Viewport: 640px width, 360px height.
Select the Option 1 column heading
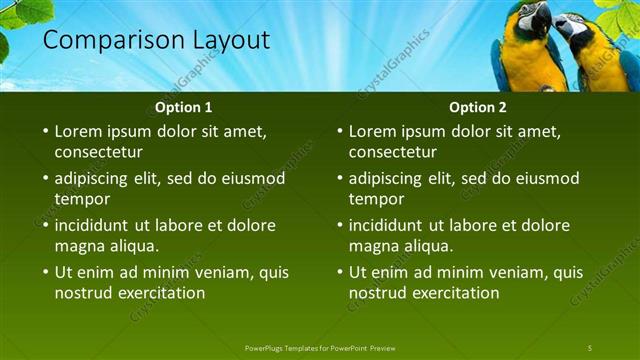184,107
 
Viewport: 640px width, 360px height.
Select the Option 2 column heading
478,107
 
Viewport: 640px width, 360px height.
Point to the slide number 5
590,347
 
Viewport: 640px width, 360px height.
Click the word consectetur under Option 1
98,152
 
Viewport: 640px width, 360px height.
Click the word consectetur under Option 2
392,152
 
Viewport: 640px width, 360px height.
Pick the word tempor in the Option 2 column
376,199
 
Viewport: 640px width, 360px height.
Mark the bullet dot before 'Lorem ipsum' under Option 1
45,131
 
